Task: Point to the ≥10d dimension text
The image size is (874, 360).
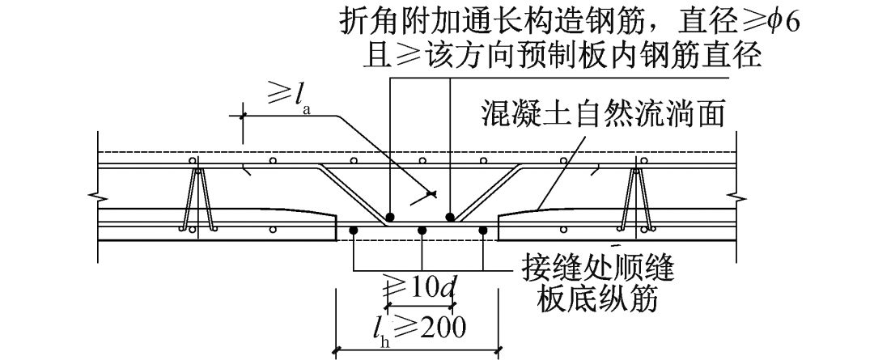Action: point(420,286)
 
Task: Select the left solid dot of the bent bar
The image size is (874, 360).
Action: point(390,217)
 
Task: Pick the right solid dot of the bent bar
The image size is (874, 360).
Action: point(449,217)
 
